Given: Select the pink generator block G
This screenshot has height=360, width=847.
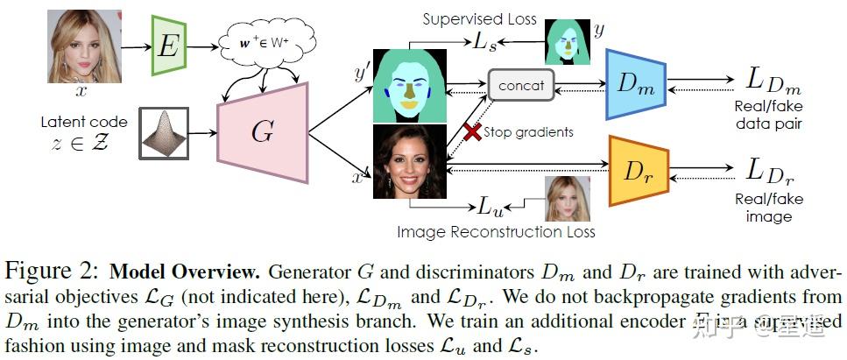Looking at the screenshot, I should (x=262, y=133).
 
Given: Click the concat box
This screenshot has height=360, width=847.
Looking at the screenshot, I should (x=521, y=86).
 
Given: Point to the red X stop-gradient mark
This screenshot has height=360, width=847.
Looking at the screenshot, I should (x=473, y=132).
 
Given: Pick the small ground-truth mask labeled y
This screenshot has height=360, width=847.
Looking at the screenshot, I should (x=566, y=40).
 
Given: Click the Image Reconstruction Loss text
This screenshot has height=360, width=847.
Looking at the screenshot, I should (x=496, y=232).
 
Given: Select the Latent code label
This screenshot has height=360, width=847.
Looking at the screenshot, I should (x=83, y=122).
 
